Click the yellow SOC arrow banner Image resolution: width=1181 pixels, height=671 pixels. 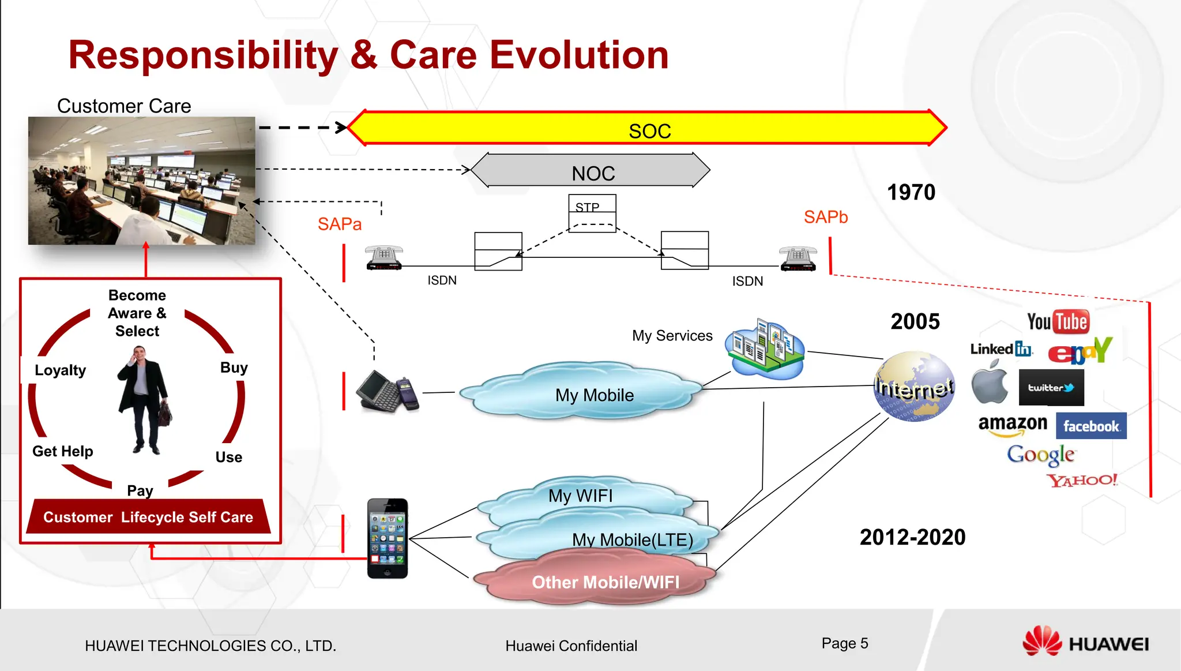tap(649, 129)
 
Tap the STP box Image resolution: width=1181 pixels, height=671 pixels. tap(592, 212)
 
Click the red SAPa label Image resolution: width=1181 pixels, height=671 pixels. tap(340, 224)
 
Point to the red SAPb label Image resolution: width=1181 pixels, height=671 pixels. tap(825, 217)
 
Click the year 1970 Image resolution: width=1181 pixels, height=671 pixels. tap(911, 192)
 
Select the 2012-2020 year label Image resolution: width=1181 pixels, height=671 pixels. tap(912, 537)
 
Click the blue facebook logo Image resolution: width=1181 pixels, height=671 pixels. tap(1090, 426)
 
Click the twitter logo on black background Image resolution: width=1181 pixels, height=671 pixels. tap(1051, 388)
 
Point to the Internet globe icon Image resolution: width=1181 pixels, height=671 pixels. tap(914, 387)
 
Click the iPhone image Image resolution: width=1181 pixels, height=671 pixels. tap(388, 538)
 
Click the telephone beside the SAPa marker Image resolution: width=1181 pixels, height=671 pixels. tap(384, 257)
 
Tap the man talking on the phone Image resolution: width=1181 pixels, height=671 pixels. tap(143, 398)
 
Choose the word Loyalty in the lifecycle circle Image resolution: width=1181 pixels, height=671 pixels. tap(60, 370)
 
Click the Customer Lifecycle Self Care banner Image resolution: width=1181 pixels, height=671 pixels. tap(148, 516)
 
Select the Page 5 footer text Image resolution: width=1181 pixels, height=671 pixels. tap(844, 643)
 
